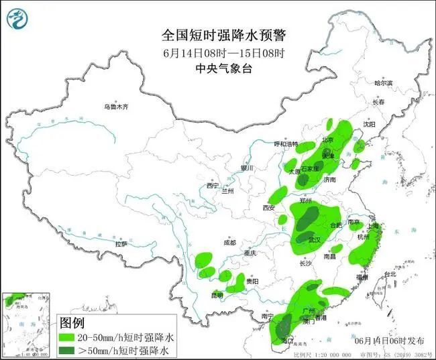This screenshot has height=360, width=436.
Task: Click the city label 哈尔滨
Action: [x=383, y=83]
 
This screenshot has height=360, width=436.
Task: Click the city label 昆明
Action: [x=217, y=295]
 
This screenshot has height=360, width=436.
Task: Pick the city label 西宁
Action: [x=213, y=185]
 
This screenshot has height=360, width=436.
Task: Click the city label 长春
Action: [x=378, y=103]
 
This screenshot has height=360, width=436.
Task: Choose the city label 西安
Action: [x=269, y=208]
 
